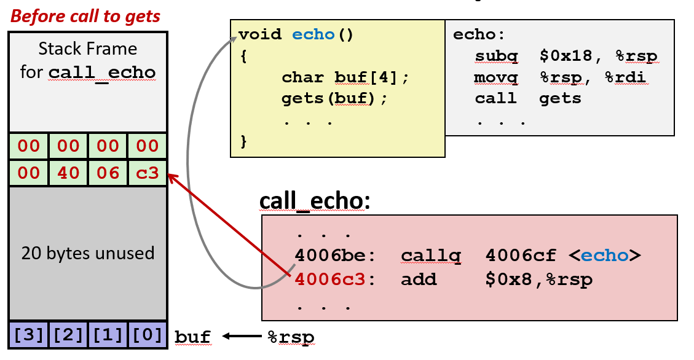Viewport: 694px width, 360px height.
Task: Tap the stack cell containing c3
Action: coord(147,173)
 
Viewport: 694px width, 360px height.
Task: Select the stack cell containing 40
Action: coord(68,173)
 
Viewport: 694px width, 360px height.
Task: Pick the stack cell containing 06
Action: coord(108,173)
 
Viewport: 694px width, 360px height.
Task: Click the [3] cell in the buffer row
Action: coord(29,336)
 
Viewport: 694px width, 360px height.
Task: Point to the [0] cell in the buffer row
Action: coord(147,336)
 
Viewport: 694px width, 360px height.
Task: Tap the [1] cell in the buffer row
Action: coord(108,336)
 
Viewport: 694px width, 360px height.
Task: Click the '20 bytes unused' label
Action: coord(88,253)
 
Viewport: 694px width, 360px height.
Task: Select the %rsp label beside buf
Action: coord(290,337)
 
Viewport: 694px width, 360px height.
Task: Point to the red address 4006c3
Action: coord(331,280)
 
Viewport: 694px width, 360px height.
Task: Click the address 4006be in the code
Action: coord(331,255)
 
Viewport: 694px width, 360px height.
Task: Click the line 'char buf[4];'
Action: coord(345,77)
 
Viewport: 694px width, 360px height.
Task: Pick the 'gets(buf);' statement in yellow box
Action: coord(335,98)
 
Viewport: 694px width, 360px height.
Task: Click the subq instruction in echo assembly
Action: coord(496,57)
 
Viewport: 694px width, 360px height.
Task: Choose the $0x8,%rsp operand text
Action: coord(538,280)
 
